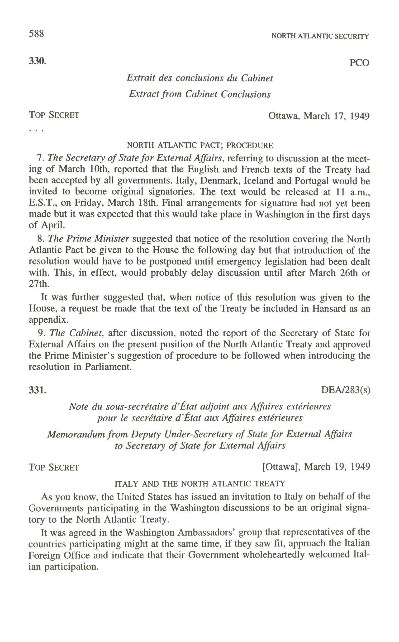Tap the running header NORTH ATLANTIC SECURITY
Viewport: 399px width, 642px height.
[320, 36]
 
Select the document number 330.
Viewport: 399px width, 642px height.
[37, 61]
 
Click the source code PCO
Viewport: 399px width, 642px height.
[359, 63]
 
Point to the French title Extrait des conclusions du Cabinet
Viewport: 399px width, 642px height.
[200, 78]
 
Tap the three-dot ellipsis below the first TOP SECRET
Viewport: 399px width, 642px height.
[36, 130]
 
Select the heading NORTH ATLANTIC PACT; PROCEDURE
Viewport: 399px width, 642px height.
[200, 145]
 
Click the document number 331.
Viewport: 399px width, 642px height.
[37, 390]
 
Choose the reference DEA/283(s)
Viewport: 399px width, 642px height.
[345, 390]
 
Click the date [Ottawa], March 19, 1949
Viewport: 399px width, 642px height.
[316, 467]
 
